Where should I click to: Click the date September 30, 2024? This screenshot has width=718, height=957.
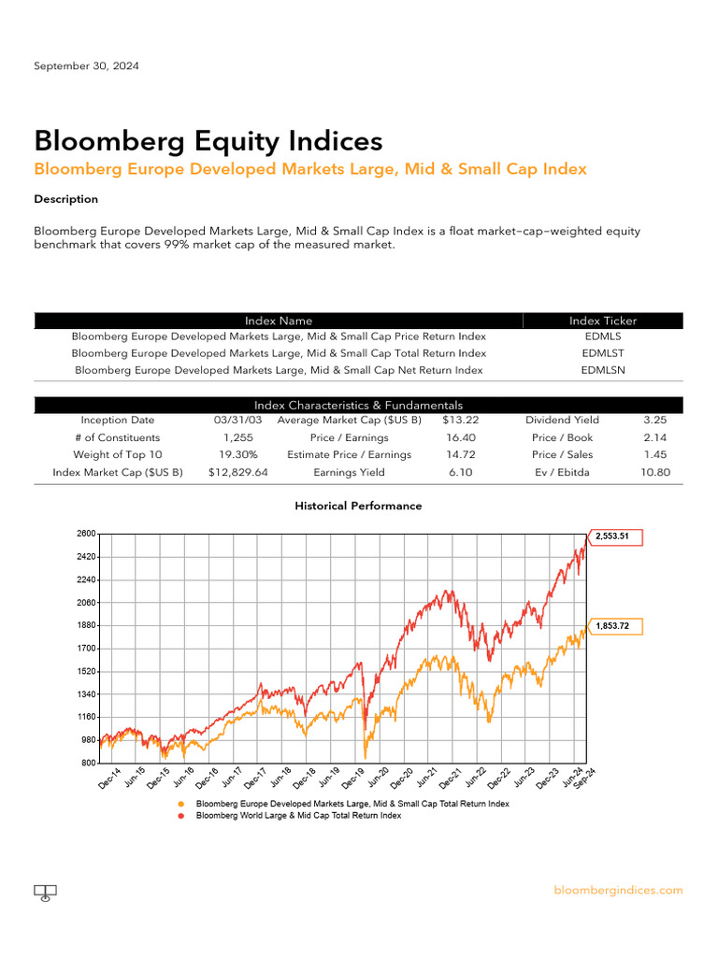tap(87, 66)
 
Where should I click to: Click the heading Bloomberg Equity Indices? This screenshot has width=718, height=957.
tap(208, 141)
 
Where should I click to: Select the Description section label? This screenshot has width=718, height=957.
tap(65, 199)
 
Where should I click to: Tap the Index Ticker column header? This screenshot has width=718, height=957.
tap(603, 321)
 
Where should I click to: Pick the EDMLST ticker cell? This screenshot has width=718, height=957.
tap(603, 353)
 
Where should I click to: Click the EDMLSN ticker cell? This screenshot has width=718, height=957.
tap(603, 370)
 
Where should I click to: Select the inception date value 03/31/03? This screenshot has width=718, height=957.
tap(237, 421)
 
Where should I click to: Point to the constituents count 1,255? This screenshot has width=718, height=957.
tap(237, 437)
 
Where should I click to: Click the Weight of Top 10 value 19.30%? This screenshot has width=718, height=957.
tap(237, 454)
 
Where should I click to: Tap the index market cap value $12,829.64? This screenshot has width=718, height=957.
tap(237, 472)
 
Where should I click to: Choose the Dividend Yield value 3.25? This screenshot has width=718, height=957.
tap(654, 421)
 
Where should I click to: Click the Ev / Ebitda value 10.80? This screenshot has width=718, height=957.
tap(654, 472)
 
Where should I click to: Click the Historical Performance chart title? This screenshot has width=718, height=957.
tap(358, 506)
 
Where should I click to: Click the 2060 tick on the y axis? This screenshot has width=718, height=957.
tap(86, 603)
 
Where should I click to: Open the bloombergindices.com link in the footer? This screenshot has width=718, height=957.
tap(618, 891)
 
